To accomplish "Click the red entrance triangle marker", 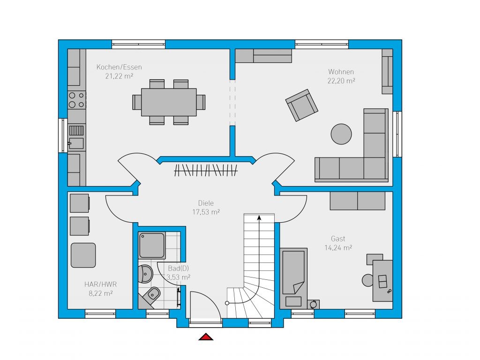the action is [206, 337].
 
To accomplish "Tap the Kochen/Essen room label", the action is [119, 67].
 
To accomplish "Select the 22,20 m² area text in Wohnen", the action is [341, 81].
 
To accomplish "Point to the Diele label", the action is [206, 203].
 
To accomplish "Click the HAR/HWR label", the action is [100, 285].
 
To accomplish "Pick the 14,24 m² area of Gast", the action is [338, 247].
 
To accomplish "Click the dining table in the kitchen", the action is [169, 102].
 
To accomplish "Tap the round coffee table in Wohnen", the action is [341, 134].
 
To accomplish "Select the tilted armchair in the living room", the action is [301, 105].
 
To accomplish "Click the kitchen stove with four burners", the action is [76, 100].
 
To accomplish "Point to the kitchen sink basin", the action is [76, 143].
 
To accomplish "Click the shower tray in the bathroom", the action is [152, 246].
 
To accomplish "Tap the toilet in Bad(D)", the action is [150, 297].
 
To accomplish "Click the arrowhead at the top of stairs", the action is [259, 217].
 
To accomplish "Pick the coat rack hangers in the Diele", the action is [206, 170].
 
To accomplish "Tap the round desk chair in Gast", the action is [367, 280].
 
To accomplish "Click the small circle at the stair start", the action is [227, 303].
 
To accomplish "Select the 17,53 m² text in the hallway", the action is [206, 212].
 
